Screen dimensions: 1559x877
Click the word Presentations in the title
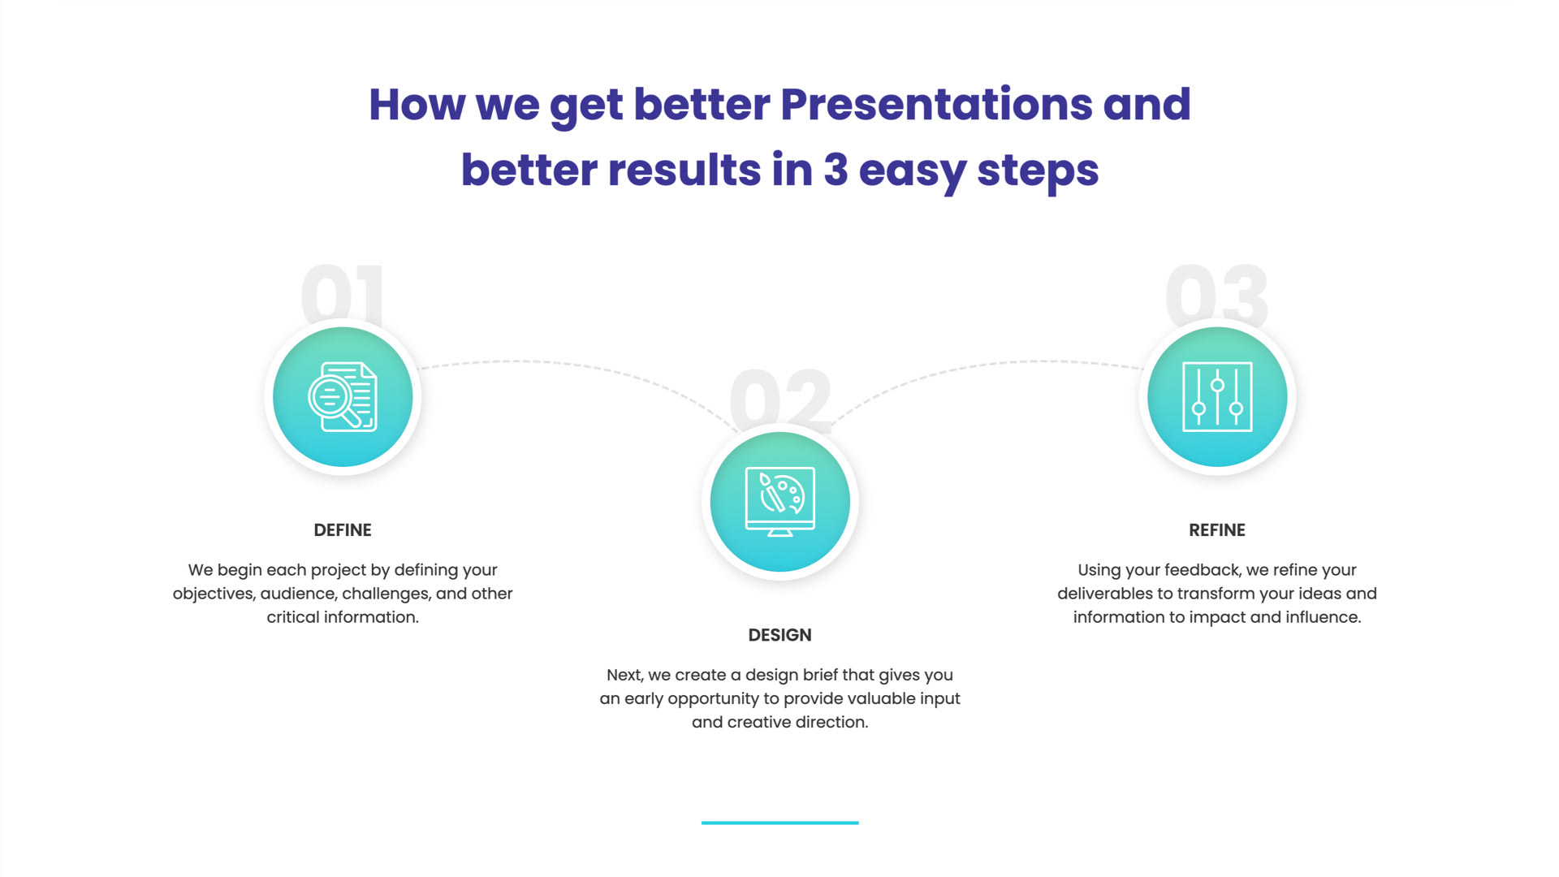pyautogui.click(x=935, y=106)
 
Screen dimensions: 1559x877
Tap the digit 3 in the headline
pyautogui.click(x=836, y=170)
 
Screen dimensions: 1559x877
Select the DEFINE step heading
pyautogui.click(x=343, y=530)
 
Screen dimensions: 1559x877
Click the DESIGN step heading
pyautogui.click(x=779, y=635)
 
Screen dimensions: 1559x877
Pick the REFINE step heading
pyautogui.click(x=1216, y=530)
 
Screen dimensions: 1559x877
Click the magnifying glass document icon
pyautogui.click(x=343, y=396)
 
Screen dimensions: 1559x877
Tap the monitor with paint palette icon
pyautogui.click(x=779, y=502)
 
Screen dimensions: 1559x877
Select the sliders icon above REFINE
pyautogui.click(x=1217, y=396)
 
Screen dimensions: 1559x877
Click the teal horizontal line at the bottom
pyautogui.click(x=779, y=823)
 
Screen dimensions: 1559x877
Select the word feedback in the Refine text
pyautogui.click(x=1203, y=570)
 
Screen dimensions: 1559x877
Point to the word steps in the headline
pyautogui.click(x=1038, y=171)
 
